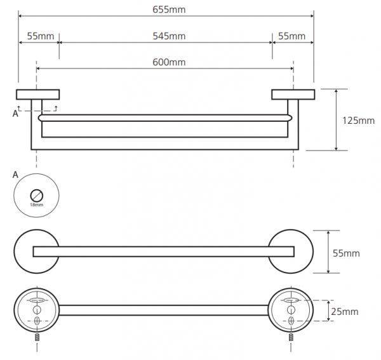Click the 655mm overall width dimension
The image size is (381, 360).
(169, 10)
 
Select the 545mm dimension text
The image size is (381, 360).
(169, 36)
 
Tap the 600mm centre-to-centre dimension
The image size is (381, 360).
(169, 62)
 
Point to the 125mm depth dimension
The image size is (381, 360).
(358, 121)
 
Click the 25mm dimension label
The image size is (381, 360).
(345, 312)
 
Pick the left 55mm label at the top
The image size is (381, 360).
(41, 36)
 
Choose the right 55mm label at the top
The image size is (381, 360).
(291, 36)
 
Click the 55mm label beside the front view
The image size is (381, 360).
(346, 253)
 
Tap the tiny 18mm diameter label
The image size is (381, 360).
(36, 205)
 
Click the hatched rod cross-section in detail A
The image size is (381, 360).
(37, 196)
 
